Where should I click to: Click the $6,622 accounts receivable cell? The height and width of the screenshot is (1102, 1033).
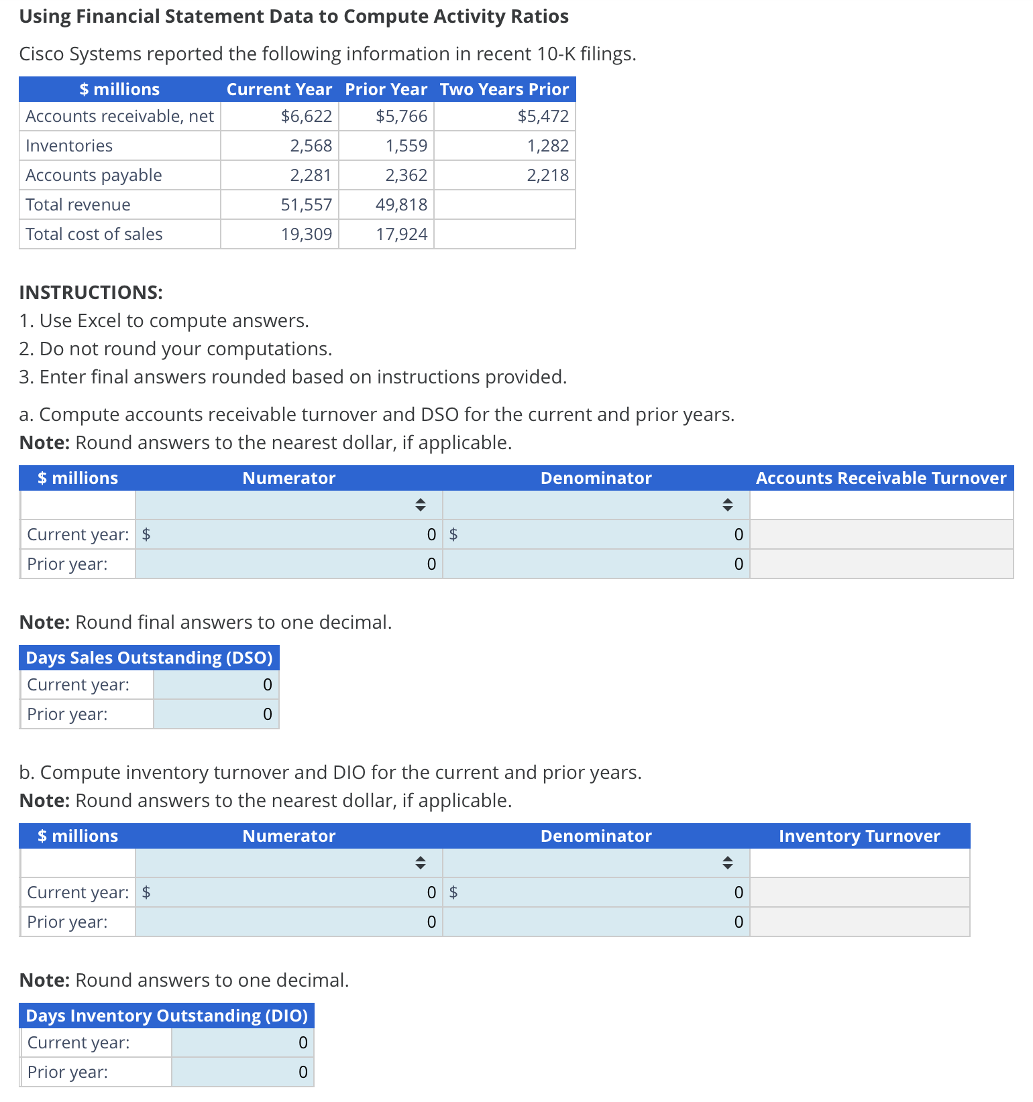pyautogui.click(x=307, y=116)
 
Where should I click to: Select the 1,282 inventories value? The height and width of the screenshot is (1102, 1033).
pyautogui.click(x=547, y=145)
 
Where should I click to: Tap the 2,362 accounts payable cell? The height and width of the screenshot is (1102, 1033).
pyautogui.click(x=406, y=175)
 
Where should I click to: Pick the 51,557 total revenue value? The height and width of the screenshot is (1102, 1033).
pyautogui.click(x=307, y=204)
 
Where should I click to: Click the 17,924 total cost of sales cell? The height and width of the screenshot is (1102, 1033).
pyautogui.click(x=401, y=234)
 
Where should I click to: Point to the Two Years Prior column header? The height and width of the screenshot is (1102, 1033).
pyautogui.click(x=504, y=89)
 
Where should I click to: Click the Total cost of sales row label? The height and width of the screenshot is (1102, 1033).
pyautogui.click(x=94, y=234)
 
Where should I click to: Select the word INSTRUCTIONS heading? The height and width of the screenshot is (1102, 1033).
pyautogui.click(x=91, y=292)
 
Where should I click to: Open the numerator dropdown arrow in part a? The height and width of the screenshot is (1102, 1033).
pyautogui.click(x=420, y=505)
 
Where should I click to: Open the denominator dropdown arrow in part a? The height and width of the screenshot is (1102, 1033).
pyautogui.click(x=727, y=505)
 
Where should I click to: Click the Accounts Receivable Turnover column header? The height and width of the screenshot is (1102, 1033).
pyautogui.click(x=881, y=478)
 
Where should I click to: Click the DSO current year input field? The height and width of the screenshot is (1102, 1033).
pyautogui.click(x=216, y=684)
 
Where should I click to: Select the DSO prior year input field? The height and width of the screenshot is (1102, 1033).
pyautogui.click(x=216, y=714)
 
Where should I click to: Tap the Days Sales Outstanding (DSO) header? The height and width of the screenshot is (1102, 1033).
pyautogui.click(x=149, y=658)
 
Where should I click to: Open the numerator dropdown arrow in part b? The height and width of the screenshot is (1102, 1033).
pyautogui.click(x=420, y=863)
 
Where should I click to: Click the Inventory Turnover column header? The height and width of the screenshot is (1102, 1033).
pyautogui.click(x=859, y=836)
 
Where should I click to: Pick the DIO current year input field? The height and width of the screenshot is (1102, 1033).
pyautogui.click(x=242, y=1042)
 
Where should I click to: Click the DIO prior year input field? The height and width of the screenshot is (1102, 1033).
pyautogui.click(x=242, y=1072)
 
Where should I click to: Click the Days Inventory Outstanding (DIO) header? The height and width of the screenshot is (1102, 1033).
pyautogui.click(x=166, y=1016)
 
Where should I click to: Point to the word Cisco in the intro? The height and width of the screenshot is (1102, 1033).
pyautogui.click(x=42, y=54)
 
